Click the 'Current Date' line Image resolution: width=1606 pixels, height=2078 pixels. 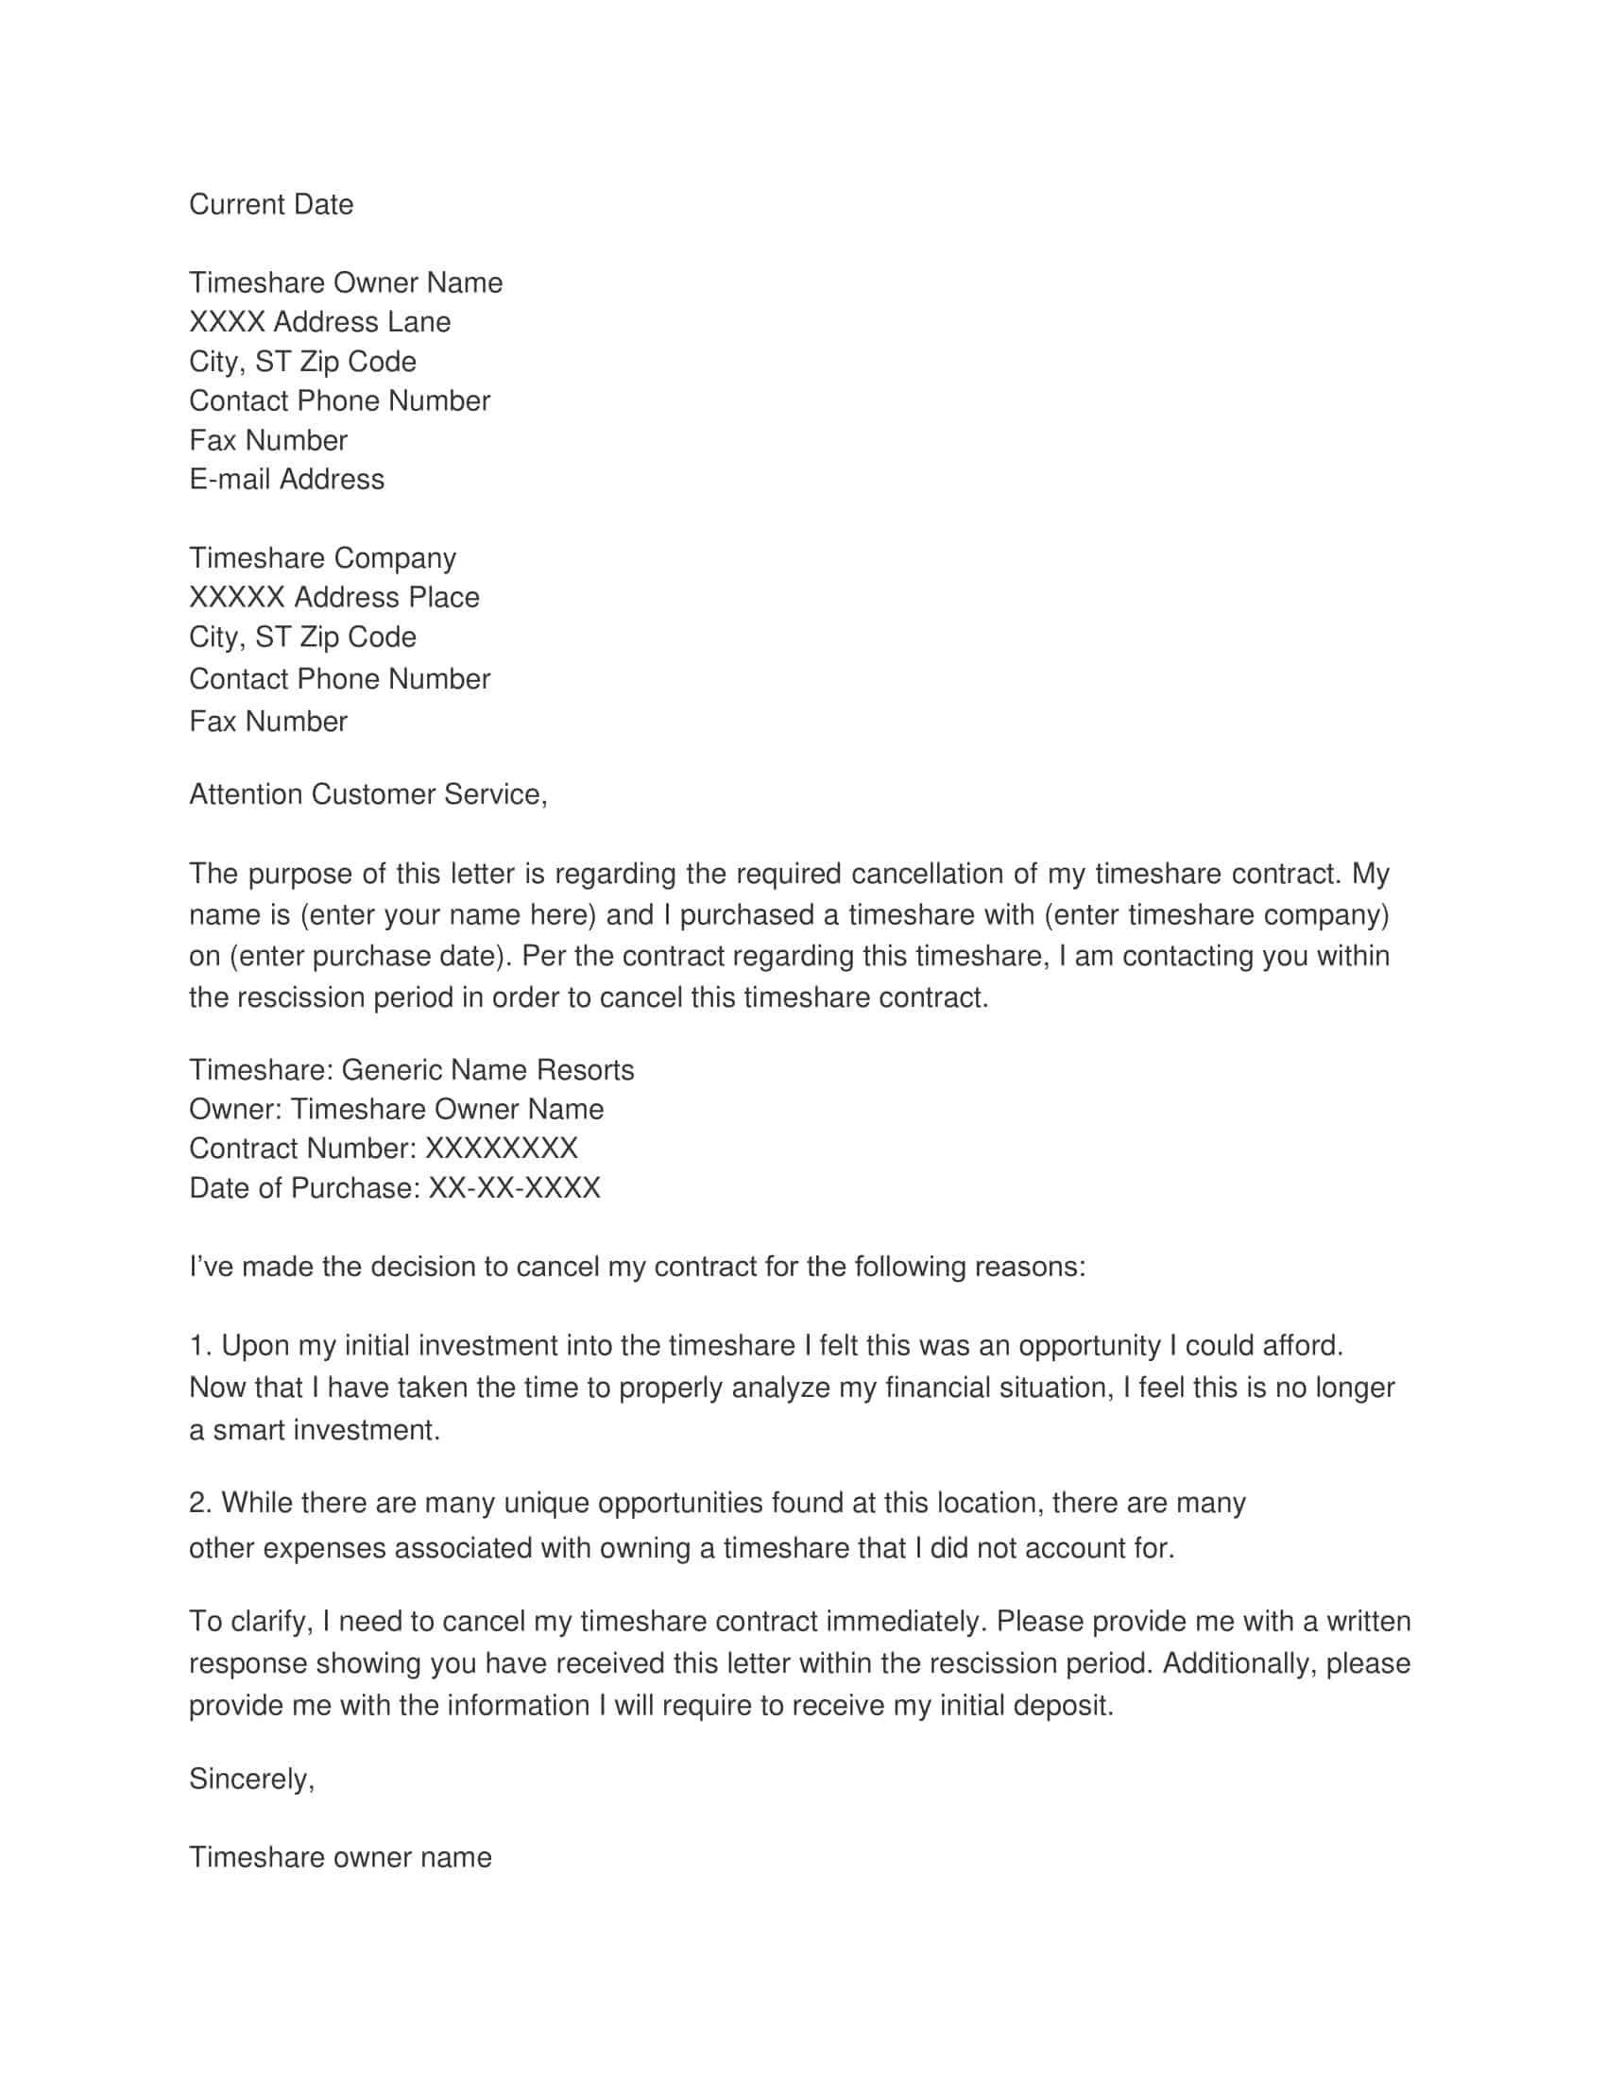(x=271, y=205)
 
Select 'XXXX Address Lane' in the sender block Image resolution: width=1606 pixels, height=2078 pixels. (x=319, y=321)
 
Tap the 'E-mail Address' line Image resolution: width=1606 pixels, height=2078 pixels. (x=286, y=479)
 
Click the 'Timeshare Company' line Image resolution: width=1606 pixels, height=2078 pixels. (x=322, y=557)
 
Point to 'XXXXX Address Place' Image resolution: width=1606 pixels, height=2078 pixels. (x=333, y=598)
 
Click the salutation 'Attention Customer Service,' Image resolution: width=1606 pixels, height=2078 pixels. (x=368, y=794)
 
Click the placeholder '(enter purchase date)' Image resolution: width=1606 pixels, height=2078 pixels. (x=367, y=956)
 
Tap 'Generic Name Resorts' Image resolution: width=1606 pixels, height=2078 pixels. (x=487, y=1070)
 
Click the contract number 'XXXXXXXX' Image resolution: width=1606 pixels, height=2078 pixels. (x=501, y=1149)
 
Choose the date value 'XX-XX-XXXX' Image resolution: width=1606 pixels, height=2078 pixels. (x=515, y=1188)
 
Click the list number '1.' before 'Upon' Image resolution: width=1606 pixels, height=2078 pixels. (x=199, y=1346)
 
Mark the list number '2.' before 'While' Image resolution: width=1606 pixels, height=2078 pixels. (x=199, y=1504)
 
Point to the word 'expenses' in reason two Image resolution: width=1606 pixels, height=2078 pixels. (x=324, y=1549)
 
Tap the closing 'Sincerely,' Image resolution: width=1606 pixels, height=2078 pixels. (x=251, y=1780)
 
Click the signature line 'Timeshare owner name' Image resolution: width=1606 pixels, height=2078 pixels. (x=341, y=1857)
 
